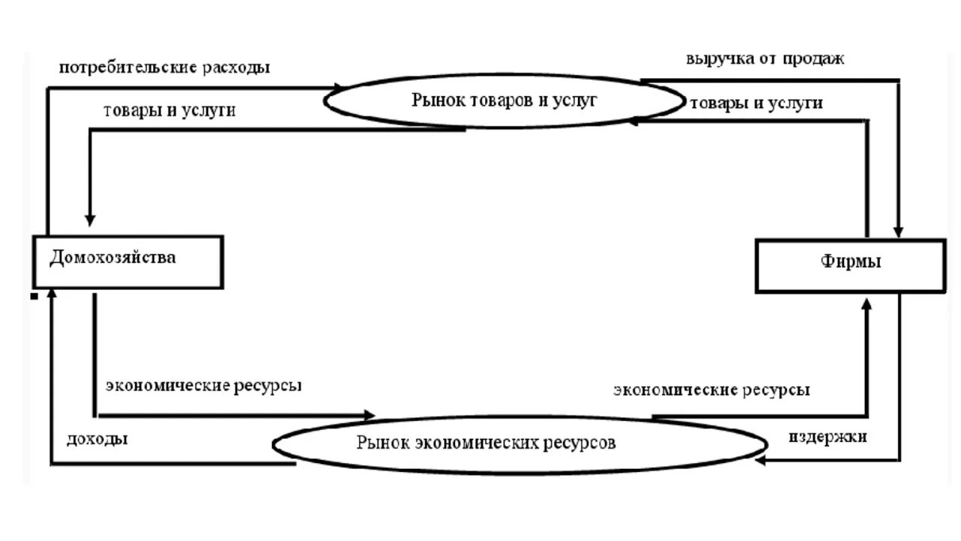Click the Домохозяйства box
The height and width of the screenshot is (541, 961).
128,261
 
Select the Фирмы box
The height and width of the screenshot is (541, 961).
851,265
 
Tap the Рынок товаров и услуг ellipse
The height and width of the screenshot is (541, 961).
504,100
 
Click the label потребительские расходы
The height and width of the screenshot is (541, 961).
164,67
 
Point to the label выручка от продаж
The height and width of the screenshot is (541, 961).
764,59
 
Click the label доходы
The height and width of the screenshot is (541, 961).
97,439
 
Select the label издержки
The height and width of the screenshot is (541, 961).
828,436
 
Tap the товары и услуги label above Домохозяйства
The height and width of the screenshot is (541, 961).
170,110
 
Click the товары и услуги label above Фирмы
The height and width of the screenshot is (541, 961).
756,103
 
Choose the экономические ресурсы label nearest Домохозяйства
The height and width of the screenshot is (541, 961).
203,385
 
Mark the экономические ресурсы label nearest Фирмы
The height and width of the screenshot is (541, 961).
712,390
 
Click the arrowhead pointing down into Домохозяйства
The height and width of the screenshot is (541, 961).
90,220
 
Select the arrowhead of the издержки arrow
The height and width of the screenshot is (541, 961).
760,460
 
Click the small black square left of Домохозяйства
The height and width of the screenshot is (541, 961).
34,297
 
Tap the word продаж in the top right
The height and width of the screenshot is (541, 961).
815,59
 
